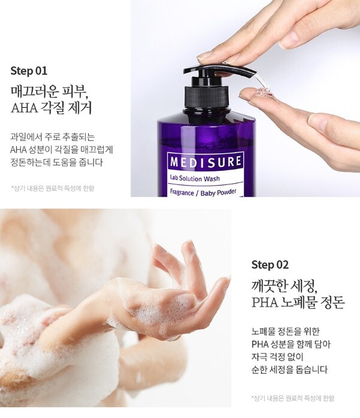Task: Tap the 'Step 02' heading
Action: (270, 265)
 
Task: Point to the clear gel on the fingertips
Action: (262, 94)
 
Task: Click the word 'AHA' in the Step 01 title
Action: (25, 108)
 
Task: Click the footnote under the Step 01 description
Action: (53, 188)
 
